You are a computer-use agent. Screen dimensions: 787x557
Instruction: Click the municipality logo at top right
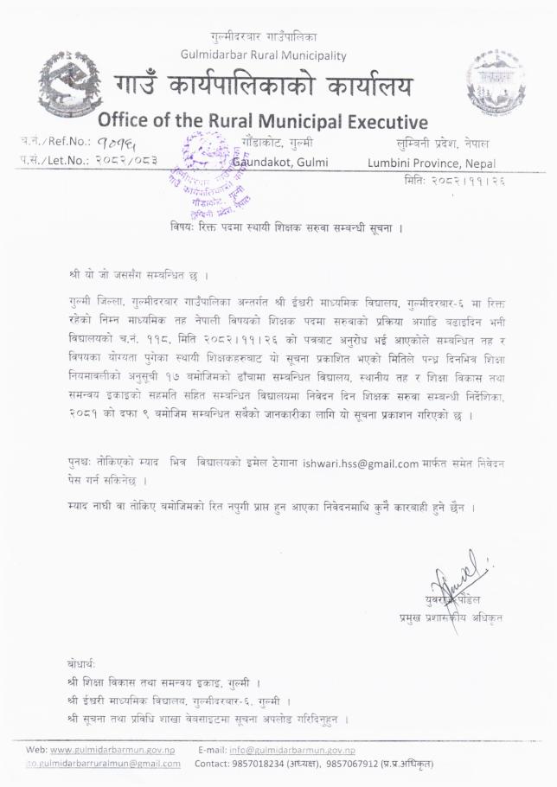click(x=494, y=82)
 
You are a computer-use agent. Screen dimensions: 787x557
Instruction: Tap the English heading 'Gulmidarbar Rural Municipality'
click(x=264, y=54)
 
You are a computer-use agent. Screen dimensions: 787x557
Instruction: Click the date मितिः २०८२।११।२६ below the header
click(x=454, y=182)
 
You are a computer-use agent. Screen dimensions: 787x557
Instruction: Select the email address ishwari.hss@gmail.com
click(x=361, y=464)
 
